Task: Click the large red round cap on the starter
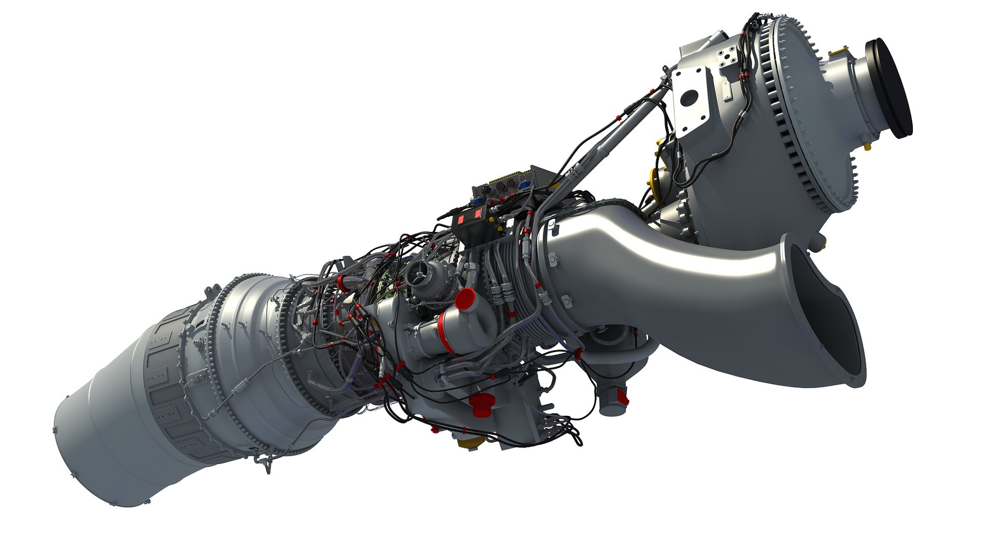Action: pos(466,299)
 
